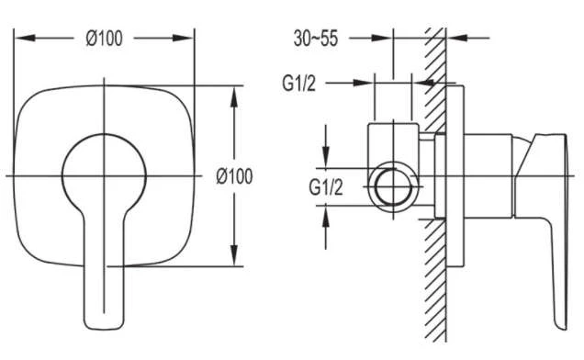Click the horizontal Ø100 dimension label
[x=104, y=39]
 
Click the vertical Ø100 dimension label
[x=234, y=176]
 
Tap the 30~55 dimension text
[x=316, y=38]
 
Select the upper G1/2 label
[x=298, y=84]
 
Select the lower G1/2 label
[x=325, y=187]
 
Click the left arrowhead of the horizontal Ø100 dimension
[x=25, y=38]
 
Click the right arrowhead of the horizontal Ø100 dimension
[x=184, y=38]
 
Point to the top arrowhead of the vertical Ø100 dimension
[x=234, y=97]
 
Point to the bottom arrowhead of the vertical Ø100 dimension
[x=234, y=255]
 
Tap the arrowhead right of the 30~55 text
[x=382, y=38]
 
